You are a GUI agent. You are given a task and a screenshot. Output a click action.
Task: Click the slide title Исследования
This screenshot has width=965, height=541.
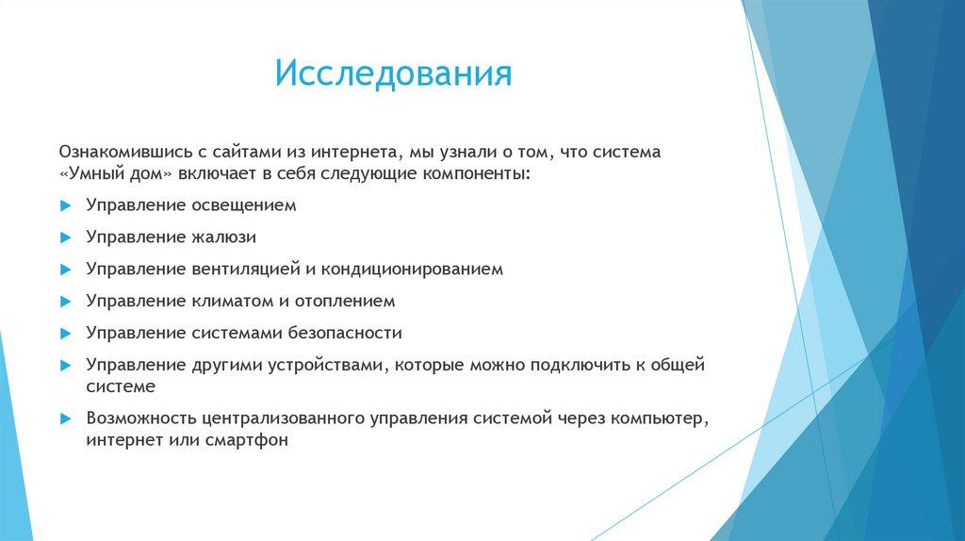393,74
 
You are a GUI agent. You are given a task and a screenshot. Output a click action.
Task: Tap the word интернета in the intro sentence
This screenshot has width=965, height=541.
353,152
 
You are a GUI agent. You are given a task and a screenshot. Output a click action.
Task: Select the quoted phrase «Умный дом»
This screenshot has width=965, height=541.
116,173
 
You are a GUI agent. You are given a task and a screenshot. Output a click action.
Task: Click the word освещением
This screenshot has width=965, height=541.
244,205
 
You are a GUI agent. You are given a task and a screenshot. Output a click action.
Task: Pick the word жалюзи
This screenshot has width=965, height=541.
223,237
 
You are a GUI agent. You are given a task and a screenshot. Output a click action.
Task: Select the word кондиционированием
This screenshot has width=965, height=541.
412,269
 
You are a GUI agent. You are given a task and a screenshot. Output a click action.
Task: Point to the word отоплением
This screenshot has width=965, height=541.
345,301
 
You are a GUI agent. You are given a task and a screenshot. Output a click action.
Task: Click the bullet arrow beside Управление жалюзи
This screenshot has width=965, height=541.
66,238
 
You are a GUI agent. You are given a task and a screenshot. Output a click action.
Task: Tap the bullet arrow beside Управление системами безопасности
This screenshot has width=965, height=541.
66,334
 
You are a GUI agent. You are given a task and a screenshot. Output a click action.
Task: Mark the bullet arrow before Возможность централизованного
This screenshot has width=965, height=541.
66,419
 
